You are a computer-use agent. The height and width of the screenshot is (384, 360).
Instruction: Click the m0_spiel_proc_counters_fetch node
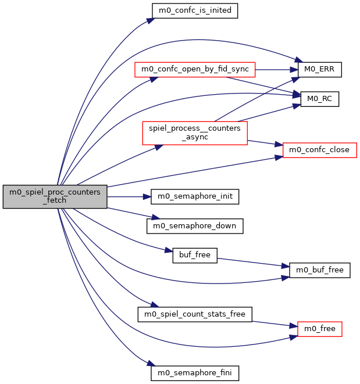click(55, 197)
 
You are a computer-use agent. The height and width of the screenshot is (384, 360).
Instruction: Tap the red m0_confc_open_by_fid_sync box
click(195, 70)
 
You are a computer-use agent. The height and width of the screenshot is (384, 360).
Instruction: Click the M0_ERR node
click(319, 70)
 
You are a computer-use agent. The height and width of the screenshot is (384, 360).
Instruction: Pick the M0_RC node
click(319, 99)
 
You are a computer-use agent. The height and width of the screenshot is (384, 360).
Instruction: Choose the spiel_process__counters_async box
click(195, 132)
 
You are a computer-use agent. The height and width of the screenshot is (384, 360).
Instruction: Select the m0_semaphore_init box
click(195, 196)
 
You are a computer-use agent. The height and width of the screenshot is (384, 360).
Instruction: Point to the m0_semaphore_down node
click(195, 225)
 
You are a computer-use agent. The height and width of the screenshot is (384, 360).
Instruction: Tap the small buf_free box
click(195, 254)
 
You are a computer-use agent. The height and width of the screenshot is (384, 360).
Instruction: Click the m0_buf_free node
click(319, 270)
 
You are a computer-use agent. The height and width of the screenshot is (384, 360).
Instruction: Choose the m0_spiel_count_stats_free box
click(195, 314)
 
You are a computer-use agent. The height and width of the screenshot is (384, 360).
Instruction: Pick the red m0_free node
click(319, 329)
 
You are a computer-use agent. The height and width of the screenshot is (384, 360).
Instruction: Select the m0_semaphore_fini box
click(195, 373)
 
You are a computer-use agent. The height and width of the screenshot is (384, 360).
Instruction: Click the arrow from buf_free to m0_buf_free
click(253, 262)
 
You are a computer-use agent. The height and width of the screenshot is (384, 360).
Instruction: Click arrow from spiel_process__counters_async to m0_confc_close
click(265, 143)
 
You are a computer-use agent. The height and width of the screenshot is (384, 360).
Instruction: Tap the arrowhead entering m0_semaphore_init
click(148, 196)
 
